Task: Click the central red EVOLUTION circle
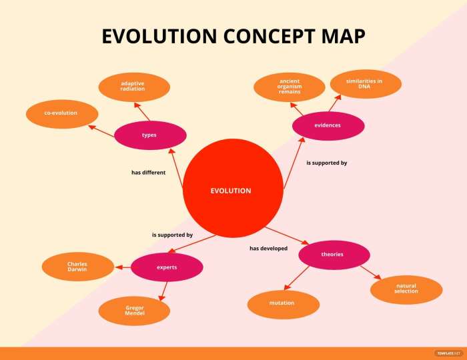(231, 191)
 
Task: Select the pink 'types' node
(149, 135)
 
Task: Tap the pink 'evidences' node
(328, 125)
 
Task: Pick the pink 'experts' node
(167, 267)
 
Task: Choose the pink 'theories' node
(333, 255)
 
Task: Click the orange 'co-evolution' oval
(61, 113)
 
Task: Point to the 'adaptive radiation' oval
(133, 87)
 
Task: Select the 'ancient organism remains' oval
(290, 87)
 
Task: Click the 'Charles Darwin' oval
(77, 267)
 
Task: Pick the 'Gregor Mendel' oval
(134, 310)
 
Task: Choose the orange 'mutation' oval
(282, 303)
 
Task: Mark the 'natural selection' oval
(406, 289)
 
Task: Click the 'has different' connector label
(148, 173)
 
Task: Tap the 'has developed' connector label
(268, 249)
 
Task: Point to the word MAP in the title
(342, 37)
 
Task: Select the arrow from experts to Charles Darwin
(123, 267)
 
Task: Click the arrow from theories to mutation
(298, 277)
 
